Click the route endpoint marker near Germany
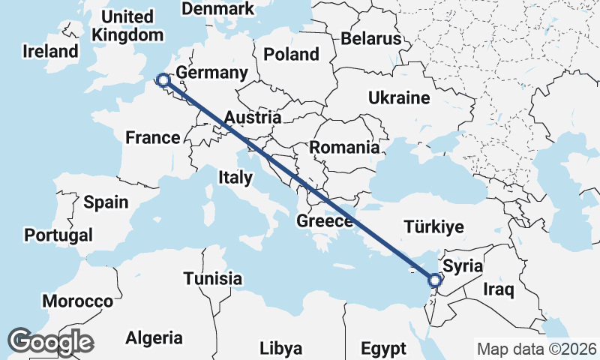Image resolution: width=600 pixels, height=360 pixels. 163,79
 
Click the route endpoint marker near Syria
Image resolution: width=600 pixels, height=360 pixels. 434,280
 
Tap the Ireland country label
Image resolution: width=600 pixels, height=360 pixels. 50,52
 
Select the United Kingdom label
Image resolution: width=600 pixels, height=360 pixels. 126,25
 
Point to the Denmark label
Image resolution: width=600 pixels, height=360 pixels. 218,9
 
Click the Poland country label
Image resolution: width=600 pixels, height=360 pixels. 291,55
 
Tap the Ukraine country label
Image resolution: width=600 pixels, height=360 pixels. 398,97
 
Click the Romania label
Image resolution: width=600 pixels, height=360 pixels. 345,147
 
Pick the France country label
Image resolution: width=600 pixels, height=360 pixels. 152,137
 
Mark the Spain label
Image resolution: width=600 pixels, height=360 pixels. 106,202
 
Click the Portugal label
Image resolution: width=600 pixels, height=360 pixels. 58,235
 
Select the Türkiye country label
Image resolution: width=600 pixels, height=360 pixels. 433,226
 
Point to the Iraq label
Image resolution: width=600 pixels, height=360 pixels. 498,289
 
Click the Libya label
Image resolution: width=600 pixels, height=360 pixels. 281,349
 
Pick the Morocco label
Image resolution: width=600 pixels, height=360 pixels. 77,301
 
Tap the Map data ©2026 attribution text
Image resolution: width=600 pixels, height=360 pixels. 536,349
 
